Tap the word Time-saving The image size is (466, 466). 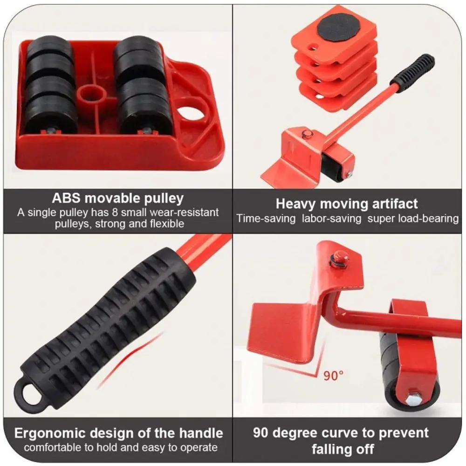(x=265, y=218)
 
